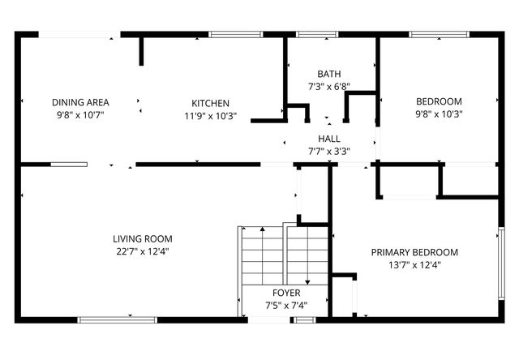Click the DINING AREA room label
coord(80,102)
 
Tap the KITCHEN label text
coord(210,103)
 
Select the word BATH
coord(329,74)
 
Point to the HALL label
coord(328,139)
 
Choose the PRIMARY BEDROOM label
coord(414,252)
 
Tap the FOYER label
coord(286,293)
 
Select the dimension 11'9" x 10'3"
coord(210,116)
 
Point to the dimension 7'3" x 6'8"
coord(329,86)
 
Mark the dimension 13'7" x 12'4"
coord(414,264)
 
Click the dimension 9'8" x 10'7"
coord(80,115)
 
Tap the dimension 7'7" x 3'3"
coord(328,151)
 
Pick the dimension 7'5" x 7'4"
coord(286,305)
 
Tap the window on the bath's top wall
coord(316,34)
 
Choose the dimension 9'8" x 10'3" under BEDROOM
coord(439,114)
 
